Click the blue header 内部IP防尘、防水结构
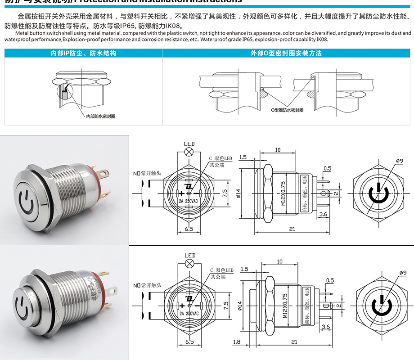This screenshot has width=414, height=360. click(x=83, y=53)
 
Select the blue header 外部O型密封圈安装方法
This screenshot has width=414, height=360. click(x=286, y=53)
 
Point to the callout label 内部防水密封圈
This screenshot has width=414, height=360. click(x=101, y=116)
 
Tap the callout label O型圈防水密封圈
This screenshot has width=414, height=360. click(x=286, y=110)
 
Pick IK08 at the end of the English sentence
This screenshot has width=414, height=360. click(x=322, y=40)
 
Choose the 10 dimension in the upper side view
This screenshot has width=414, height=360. click(x=278, y=150)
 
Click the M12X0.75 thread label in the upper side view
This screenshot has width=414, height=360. click(x=283, y=193)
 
